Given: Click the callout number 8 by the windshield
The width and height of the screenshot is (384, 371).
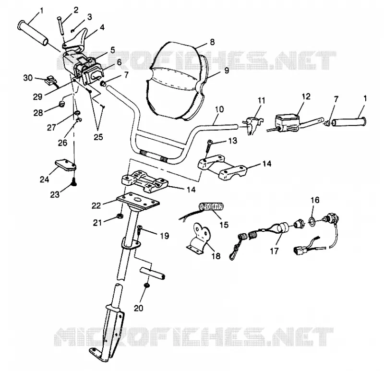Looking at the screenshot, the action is tap(212, 42).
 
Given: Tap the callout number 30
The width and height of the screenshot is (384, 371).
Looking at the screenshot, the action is tap(28, 78).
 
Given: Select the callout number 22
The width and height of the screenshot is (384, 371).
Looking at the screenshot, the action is tap(96, 205).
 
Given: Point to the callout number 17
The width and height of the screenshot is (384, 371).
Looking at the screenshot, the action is tap(274, 251).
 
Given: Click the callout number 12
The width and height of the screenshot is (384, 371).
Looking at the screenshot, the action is tap(306, 96).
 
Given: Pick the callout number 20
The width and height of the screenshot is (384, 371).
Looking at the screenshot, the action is tap(138, 308).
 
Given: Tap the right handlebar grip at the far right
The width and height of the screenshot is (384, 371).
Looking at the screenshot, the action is tap(349, 122).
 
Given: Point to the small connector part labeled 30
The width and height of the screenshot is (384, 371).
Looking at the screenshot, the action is tap(51, 81).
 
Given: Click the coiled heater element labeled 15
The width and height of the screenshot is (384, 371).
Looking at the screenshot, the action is tap(211, 207).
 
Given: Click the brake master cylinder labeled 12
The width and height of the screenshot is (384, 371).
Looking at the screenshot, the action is tap(287, 122).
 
